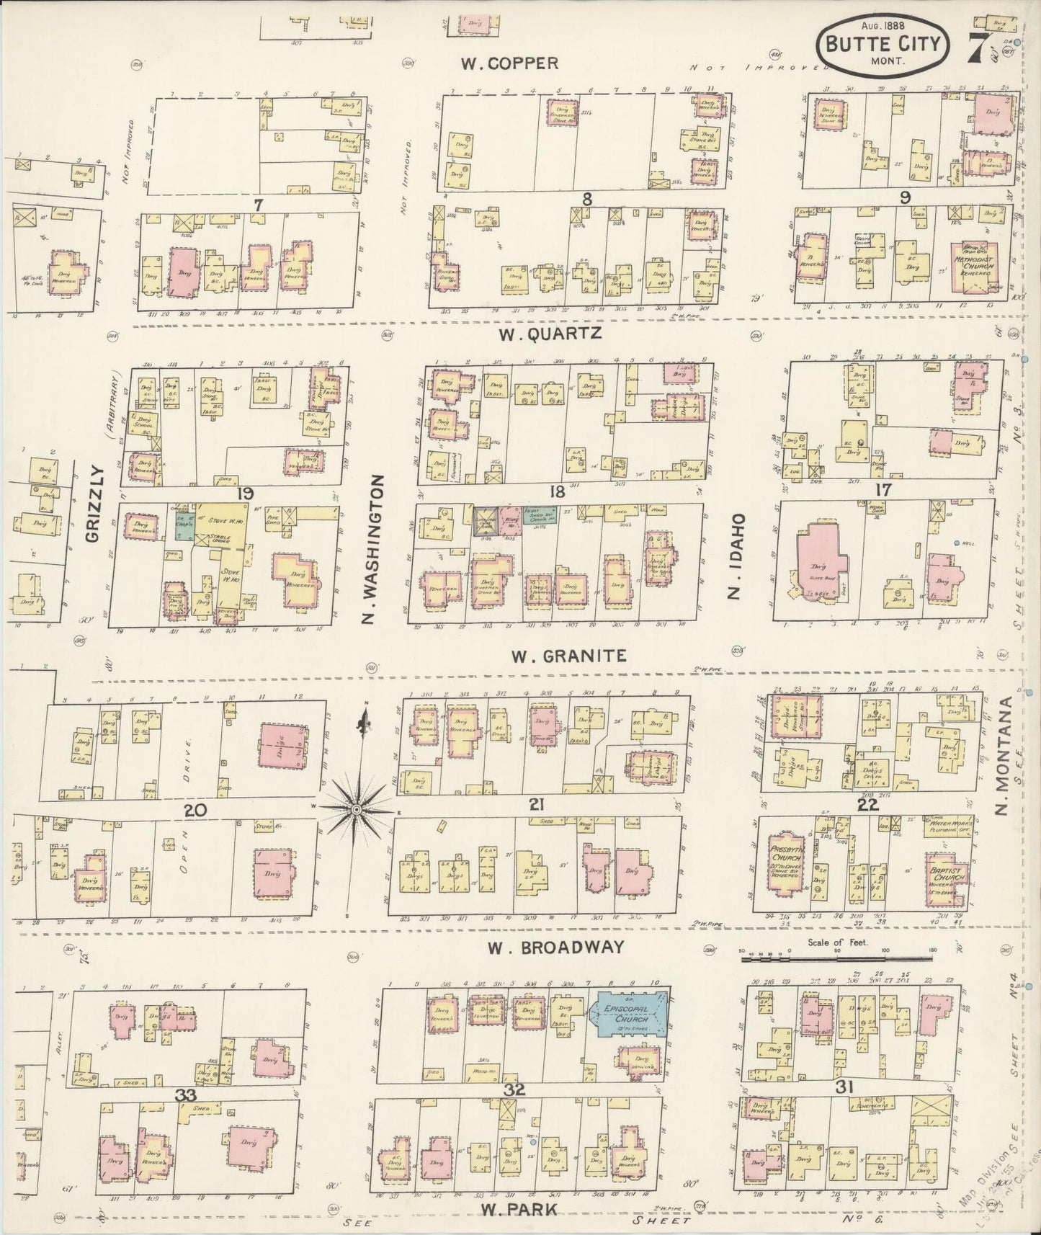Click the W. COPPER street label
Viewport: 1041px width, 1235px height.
509,63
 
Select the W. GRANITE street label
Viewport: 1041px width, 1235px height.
568,656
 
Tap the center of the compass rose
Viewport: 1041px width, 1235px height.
356,811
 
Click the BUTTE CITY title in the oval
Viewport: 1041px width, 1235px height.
883,44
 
